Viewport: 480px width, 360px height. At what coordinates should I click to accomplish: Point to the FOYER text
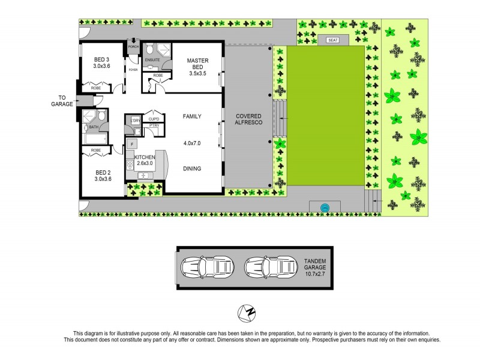(x=133, y=70)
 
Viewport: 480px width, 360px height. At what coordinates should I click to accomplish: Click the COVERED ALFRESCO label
(x=247, y=119)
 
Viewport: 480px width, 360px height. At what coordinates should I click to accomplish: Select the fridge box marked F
(x=131, y=144)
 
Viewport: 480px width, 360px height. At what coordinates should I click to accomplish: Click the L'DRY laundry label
(x=135, y=121)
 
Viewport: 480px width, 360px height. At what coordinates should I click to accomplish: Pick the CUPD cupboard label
(x=154, y=119)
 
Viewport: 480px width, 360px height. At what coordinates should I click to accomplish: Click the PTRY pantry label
(x=154, y=125)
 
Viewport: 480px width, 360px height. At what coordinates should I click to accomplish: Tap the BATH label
(x=94, y=127)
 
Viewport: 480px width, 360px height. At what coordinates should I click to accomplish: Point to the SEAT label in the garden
(x=332, y=40)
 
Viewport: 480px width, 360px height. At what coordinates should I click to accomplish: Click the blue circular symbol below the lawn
(x=325, y=208)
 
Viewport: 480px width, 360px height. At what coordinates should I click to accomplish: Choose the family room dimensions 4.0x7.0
(x=192, y=143)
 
